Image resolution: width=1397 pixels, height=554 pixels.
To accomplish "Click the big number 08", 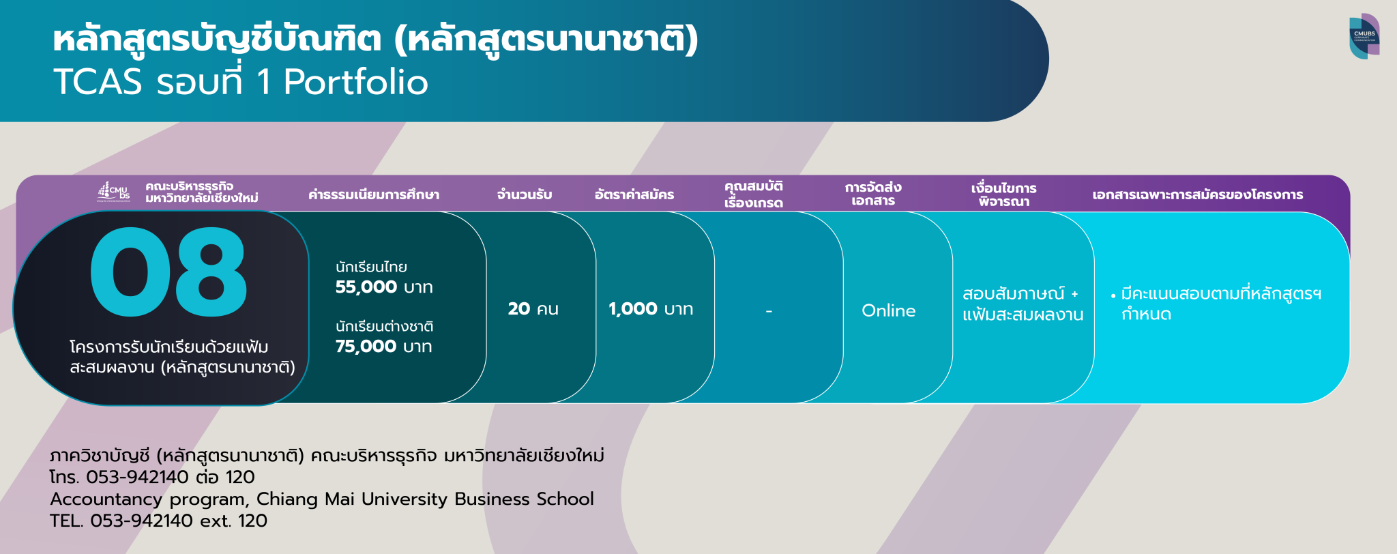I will click(168, 272).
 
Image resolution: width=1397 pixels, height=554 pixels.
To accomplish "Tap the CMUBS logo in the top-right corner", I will click(1364, 36).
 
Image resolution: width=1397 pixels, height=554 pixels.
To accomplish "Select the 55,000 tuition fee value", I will click(366, 287).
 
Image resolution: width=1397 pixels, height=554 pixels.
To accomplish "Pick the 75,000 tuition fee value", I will click(366, 347).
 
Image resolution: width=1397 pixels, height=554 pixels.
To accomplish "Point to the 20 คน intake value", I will click(533, 309).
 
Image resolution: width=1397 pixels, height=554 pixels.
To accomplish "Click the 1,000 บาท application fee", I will click(650, 309).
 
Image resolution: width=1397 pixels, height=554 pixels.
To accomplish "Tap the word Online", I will click(888, 311).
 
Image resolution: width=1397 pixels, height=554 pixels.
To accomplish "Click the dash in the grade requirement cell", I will click(769, 311).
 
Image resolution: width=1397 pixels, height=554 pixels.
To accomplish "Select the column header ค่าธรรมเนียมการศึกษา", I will click(373, 195).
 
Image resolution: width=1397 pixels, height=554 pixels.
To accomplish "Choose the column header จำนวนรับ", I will click(524, 195).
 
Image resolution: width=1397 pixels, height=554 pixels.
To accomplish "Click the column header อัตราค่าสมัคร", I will click(634, 195).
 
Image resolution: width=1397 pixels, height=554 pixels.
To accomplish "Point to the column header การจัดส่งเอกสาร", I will click(873, 194).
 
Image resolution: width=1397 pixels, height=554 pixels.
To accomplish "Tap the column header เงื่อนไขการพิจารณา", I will click(1003, 194).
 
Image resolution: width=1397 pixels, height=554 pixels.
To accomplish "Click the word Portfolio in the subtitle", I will click(355, 82).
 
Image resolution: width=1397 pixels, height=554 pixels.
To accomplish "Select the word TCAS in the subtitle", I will click(98, 82).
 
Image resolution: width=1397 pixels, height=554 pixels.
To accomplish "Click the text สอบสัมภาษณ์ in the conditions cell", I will click(1013, 294).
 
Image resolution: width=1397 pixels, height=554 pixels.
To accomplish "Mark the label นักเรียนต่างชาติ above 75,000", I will click(384, 327).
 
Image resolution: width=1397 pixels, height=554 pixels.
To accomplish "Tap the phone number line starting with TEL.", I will click(158, 521).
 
